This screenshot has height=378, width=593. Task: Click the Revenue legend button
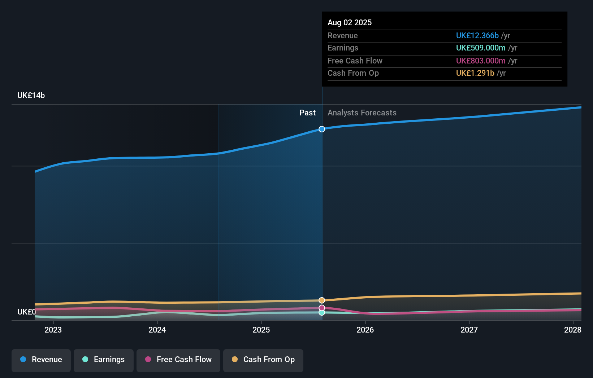41,360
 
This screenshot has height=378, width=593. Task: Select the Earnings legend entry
104,360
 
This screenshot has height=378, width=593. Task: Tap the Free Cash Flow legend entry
178,360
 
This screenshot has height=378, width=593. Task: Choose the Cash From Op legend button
263,360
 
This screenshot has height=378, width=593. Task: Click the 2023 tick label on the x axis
53,330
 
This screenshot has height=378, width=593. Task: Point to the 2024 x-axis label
157,330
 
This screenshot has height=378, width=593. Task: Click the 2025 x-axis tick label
261,330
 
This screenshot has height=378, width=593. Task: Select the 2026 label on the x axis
365,330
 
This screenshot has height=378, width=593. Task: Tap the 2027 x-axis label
469,330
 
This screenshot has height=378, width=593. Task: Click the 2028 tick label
572,330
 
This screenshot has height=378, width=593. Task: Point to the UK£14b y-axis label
31,96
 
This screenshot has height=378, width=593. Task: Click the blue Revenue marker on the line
322,129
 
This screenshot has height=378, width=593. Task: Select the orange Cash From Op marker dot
322,300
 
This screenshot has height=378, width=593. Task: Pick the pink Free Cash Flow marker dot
322,308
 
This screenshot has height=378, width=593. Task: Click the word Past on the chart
307,113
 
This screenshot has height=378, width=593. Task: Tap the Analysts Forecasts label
362,113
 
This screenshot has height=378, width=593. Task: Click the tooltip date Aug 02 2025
350,23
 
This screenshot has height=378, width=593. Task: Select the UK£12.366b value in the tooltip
477,36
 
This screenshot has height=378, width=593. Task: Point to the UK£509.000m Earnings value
480,48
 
